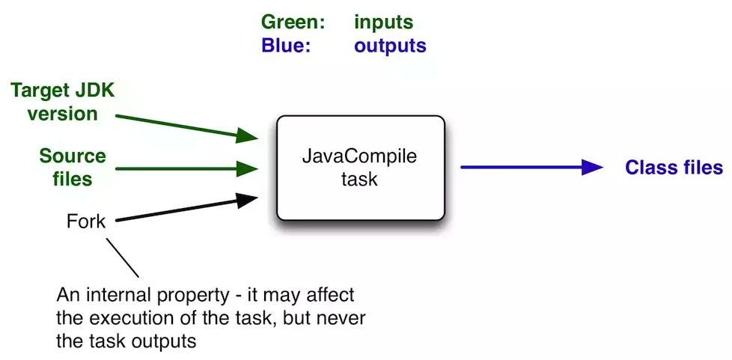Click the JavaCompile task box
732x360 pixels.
tap(361, 168)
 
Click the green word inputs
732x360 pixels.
tap(383, 23)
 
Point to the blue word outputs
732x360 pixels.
tap(390, 46)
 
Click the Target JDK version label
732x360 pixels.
tap(62, 103)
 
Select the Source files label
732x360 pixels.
tap(73, 168)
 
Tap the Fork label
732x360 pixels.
tap(86, 222)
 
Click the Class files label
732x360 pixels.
tap(674, 168)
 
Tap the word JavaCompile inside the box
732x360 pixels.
tap(359, 158)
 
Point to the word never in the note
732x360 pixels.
tap(344, 317)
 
